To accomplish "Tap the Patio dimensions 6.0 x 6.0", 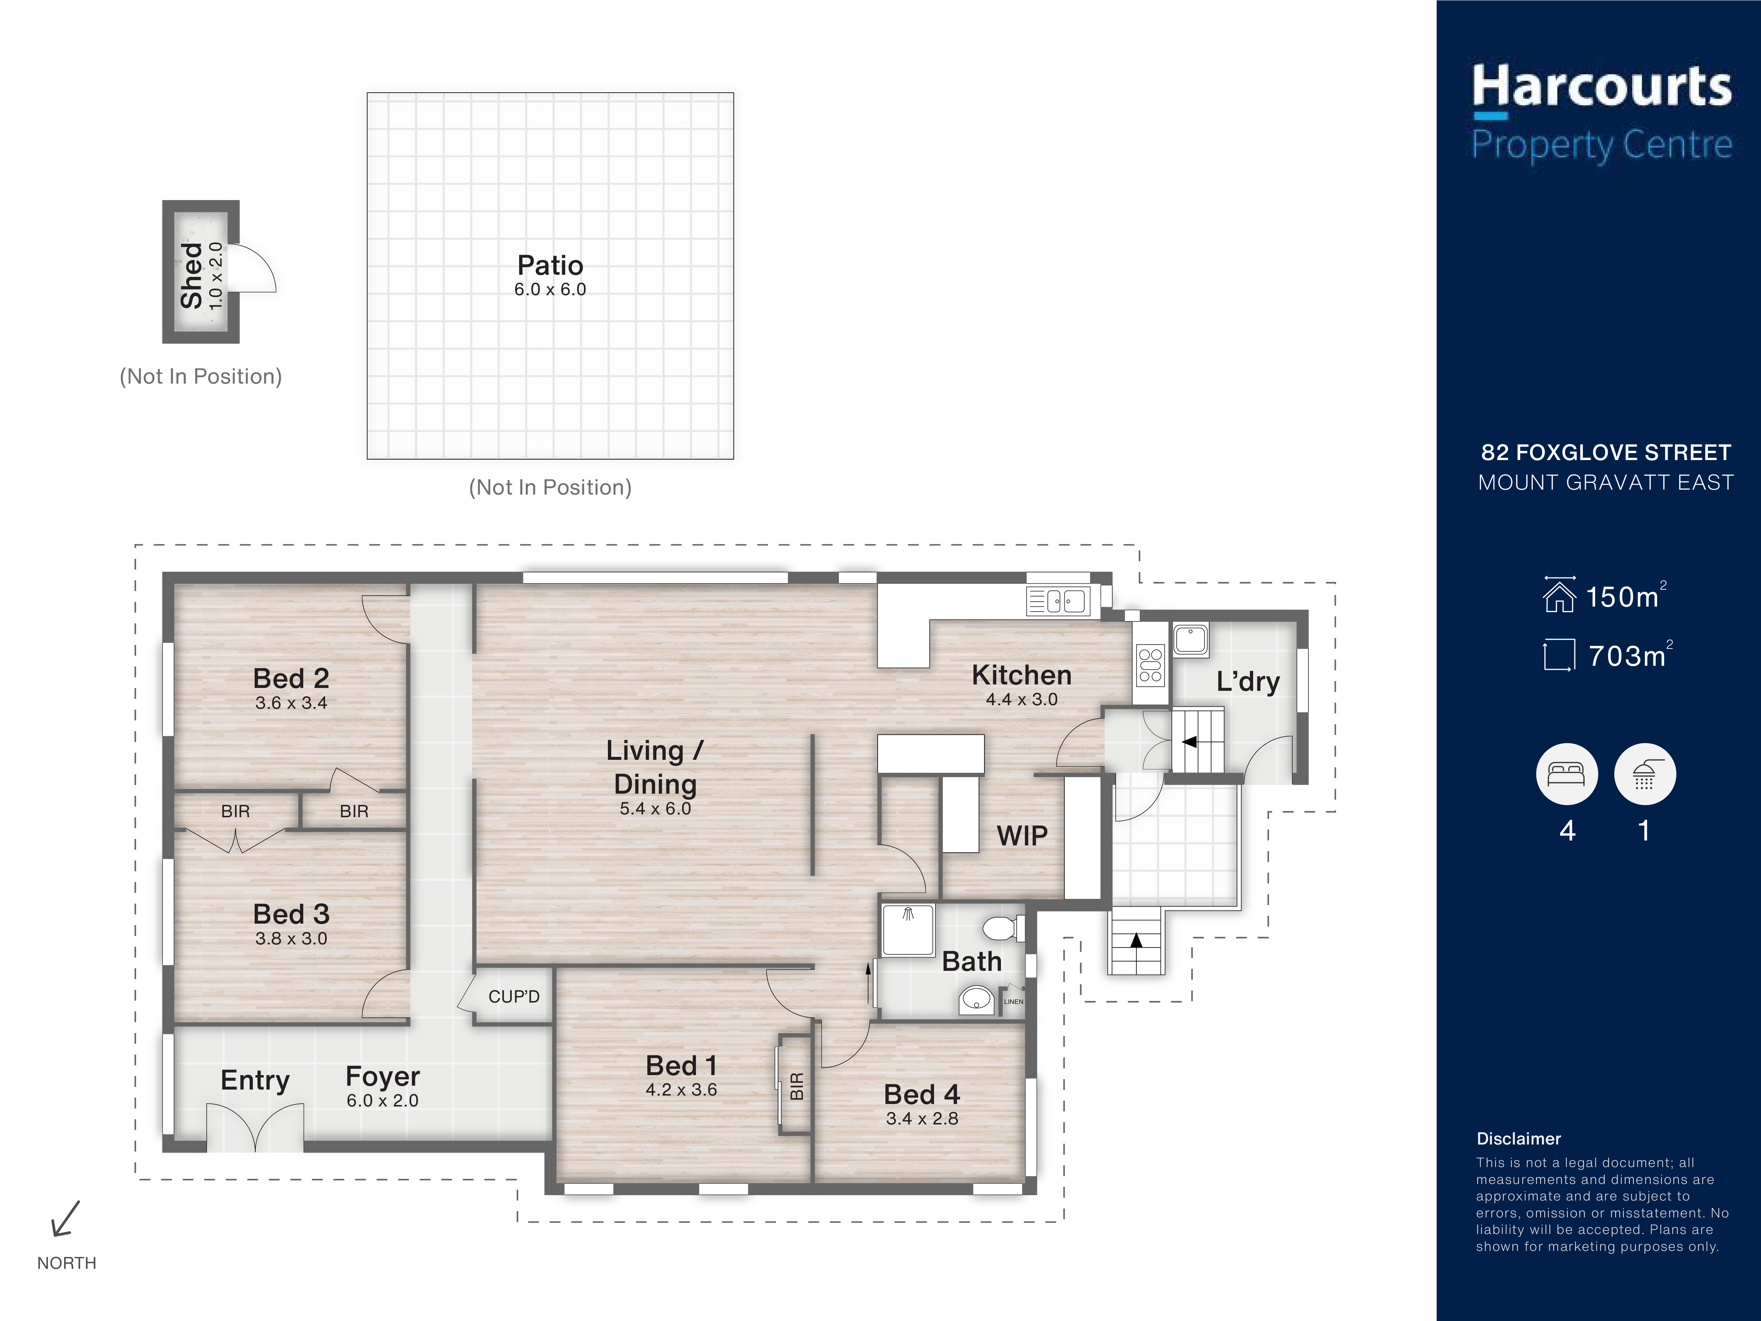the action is (x=550, y=290).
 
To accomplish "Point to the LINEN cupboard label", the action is (x=1013, y=1002).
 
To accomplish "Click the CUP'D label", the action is (x=514, y=997).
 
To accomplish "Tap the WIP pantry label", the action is (x=1022, y=836).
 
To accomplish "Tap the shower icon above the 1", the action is (x=1645, y=774).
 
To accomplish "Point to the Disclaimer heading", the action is (x=1518, y=1139).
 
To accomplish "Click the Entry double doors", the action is (x=255, y=1128).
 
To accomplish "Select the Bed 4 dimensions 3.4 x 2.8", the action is (x=922, y=1119).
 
